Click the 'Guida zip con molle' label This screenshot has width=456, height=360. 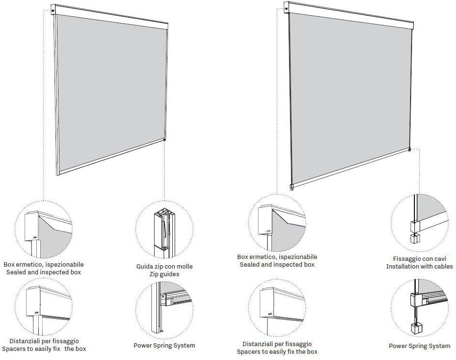pyautogui.click(x=164, y=266)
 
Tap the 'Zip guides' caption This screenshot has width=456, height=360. pyautogui.click(x=164, y=274)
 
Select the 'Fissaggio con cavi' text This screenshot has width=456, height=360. pyautogui.click(x=419, y=259)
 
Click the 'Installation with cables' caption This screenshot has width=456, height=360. pyautogui.click(x=419, y=266)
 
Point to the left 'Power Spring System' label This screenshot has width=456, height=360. pyautogui.click(x=164, y=346)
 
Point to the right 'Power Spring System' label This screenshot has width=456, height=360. pyautogui.click(x=419, y=346)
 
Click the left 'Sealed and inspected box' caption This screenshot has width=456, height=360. pyautogui.click(x=44, y=272)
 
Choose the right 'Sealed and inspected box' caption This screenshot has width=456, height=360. pyautogui.click(x=277, y=265)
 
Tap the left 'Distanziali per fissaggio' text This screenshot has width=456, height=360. pyautogui.click(x=44, y=341)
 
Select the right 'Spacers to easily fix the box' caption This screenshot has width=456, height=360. pyautogui.click(x=277, y=351)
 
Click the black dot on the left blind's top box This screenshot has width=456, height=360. pyautogui.click(x=53, y=11)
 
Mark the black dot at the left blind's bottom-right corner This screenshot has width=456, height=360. pyautogui.click(x=165, y=140)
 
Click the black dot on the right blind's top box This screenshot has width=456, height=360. pyautogui.click(x=287, y=9)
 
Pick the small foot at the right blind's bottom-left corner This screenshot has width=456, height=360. pyautogui.click(x=292, y=187)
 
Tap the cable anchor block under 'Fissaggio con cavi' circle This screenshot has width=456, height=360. pyautogui.click(x=414, y=238)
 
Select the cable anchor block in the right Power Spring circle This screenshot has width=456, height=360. pyautogui.click(x=415, y=328)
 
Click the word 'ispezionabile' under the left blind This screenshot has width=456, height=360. pyautogui.click(x=65, y=265)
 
